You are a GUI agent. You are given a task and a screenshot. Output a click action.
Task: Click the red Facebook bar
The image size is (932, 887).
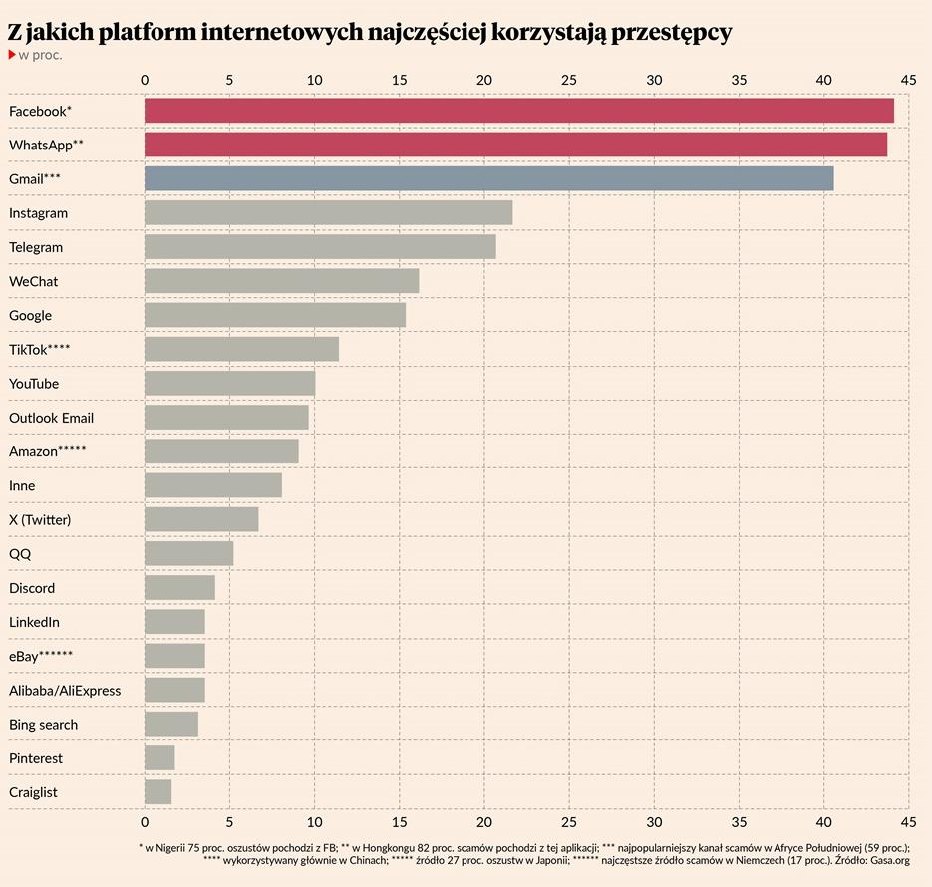pyautogui.click(x=518, y=111)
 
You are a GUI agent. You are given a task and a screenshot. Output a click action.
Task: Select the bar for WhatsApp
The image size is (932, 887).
pyautogui.click(x=515, y=145)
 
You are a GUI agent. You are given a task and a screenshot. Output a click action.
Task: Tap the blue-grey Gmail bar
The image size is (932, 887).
pyautogui.click(x=488, y=178)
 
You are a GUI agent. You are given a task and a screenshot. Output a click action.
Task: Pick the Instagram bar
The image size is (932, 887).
pyautogui.click(x=328, y=212)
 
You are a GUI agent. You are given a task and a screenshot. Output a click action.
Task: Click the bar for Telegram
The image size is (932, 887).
pyautogui.click(x=320, y=246)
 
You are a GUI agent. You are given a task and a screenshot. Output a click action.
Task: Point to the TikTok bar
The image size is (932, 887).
pyautogui.click(x=241, y=349)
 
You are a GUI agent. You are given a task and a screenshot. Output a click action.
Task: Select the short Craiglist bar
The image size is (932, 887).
pyautogui.click(x=157, y=791)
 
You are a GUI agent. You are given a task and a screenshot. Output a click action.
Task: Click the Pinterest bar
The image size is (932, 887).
pyautogui.click(x=159, y=757)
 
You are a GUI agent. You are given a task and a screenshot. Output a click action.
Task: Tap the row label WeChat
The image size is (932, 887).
pyautogui.click(x=33, y=281)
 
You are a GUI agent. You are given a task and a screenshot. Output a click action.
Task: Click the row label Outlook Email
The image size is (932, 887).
pyautogui.click(x=51, y=418)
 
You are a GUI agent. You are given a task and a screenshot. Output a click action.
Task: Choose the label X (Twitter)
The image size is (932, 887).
pyautogui.click(x=40, y=519)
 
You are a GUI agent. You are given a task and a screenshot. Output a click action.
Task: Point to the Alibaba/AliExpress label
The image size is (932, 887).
pyautogui.click(x=65, y=690)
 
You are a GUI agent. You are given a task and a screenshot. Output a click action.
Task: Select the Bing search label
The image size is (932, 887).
pyautogui.click(x=43, y=724)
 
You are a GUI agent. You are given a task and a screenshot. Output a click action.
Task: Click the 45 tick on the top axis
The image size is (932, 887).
pyautogui.click(x=907, y=80)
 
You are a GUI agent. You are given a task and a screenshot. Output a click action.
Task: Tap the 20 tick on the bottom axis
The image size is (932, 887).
pyautogui.click(x=484, y=822)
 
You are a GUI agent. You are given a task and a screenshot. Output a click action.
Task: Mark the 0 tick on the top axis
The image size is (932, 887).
pyautogui.click(x=145, y=80)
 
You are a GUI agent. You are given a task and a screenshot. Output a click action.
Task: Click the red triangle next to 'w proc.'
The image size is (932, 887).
pyautogui.click(x=12, y=54)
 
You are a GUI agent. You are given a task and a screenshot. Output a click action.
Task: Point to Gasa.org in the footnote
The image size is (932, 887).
pyautogui.click(x=890, y=859)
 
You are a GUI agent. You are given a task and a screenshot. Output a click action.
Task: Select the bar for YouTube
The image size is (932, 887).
pyautogui.click(x=229, y=383)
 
